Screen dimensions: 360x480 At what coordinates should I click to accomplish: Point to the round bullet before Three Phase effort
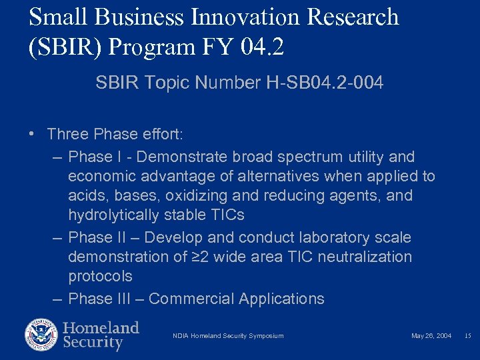[x=33, y=134]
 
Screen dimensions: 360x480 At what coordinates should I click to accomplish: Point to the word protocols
[x=100, y=277]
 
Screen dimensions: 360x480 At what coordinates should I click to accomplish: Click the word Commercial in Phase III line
[x=191, y=299]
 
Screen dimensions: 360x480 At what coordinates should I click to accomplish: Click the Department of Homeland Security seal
[x=41, y=335]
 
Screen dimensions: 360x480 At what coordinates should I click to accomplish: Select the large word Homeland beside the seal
[x=101, y=328]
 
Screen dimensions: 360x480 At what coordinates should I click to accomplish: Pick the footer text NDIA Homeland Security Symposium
[x=228, y=336]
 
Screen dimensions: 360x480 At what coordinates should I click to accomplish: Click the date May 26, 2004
[x=431, y=336]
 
